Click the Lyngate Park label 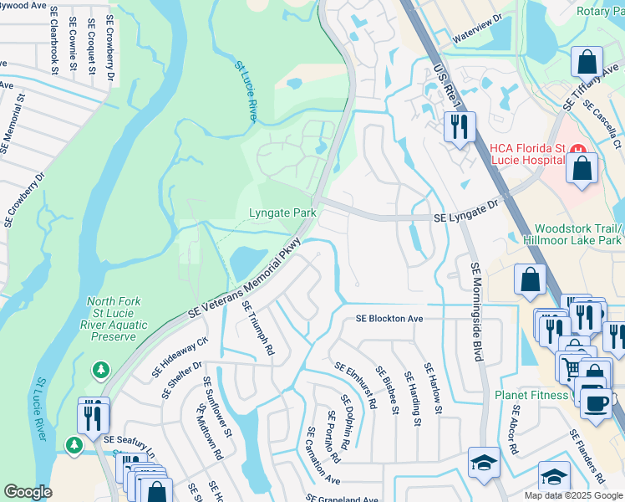(282, 213)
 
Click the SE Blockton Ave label (389, 319)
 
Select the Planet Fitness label (530, 396)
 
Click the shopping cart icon (572, 366)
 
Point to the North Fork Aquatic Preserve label (113, 319)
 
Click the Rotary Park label (601, 10)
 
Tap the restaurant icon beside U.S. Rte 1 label (458, 127)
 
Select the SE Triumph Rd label (258, 329)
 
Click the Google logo (28, 492)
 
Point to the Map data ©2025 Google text (572, 495)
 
